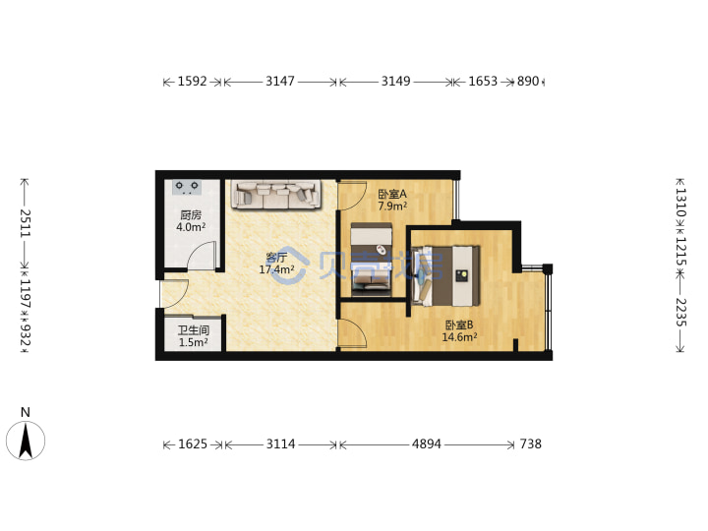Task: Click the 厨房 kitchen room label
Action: pyautogui.click(x=191, y=215)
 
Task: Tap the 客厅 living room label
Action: pyautogui.click(x=276, y=258)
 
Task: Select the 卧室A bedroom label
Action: pyautogui.click(x=392, y=194)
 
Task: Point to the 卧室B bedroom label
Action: pyautogui.click(x=459, y=324)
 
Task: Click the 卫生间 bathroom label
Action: pyautogui.click(x=194, y=330)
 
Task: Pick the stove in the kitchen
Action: pyautogui.click(x=187, y=187)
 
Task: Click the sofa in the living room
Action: pyautogui.click(x=276, y=195)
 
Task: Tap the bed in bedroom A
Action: pyautogui.click(x=371, y=260)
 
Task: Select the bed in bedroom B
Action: pyautogui.click(x=446, y=276)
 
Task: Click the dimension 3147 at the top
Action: pyautogui.click(x=280, y=82)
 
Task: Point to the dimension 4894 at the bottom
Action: pyautogui.click(x=426, y=444)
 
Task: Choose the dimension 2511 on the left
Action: pyautogui.click(x=25, y=223)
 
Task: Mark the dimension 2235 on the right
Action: pyautogui.click(x=680, y=313)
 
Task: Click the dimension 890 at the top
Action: pyautogui.click(x=528, y=82)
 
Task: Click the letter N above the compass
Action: pyautogui.click(x=26, y=412)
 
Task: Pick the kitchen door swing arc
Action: pyautogui.click(x=202, y=255)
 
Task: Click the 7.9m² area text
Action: pyautogui.click(x=392, y=206)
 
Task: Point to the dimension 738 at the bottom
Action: pyautogui.click(x=531, y=444)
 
